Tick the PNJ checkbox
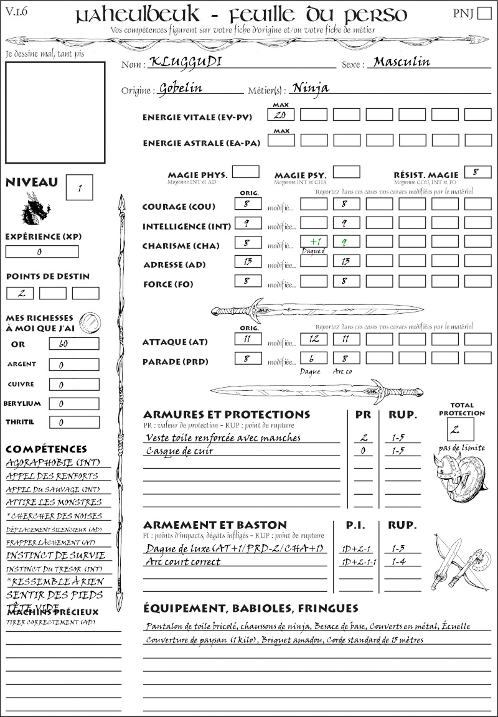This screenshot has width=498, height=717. pos(484,14)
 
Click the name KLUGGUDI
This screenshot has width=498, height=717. pos(177,63)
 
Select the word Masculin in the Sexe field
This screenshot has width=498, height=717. pos(402,62)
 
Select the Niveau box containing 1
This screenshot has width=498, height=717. pos(79,187)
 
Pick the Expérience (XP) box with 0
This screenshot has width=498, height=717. pos(42,252)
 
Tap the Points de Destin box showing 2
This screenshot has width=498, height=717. pos(20,293)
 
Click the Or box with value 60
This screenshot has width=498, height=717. pos(73,344)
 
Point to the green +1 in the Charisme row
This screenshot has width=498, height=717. pos(313,241)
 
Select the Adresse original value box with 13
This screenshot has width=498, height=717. pos(248,261)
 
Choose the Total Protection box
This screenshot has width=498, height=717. pos(460,429)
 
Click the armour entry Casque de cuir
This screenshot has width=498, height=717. pos(180,451)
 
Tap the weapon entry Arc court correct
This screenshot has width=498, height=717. pos(183,562)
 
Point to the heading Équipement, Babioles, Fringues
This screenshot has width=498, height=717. pos(251,608)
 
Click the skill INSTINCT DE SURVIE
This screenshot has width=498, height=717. pos(55,555)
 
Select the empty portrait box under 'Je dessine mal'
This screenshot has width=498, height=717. pos(55,112)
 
